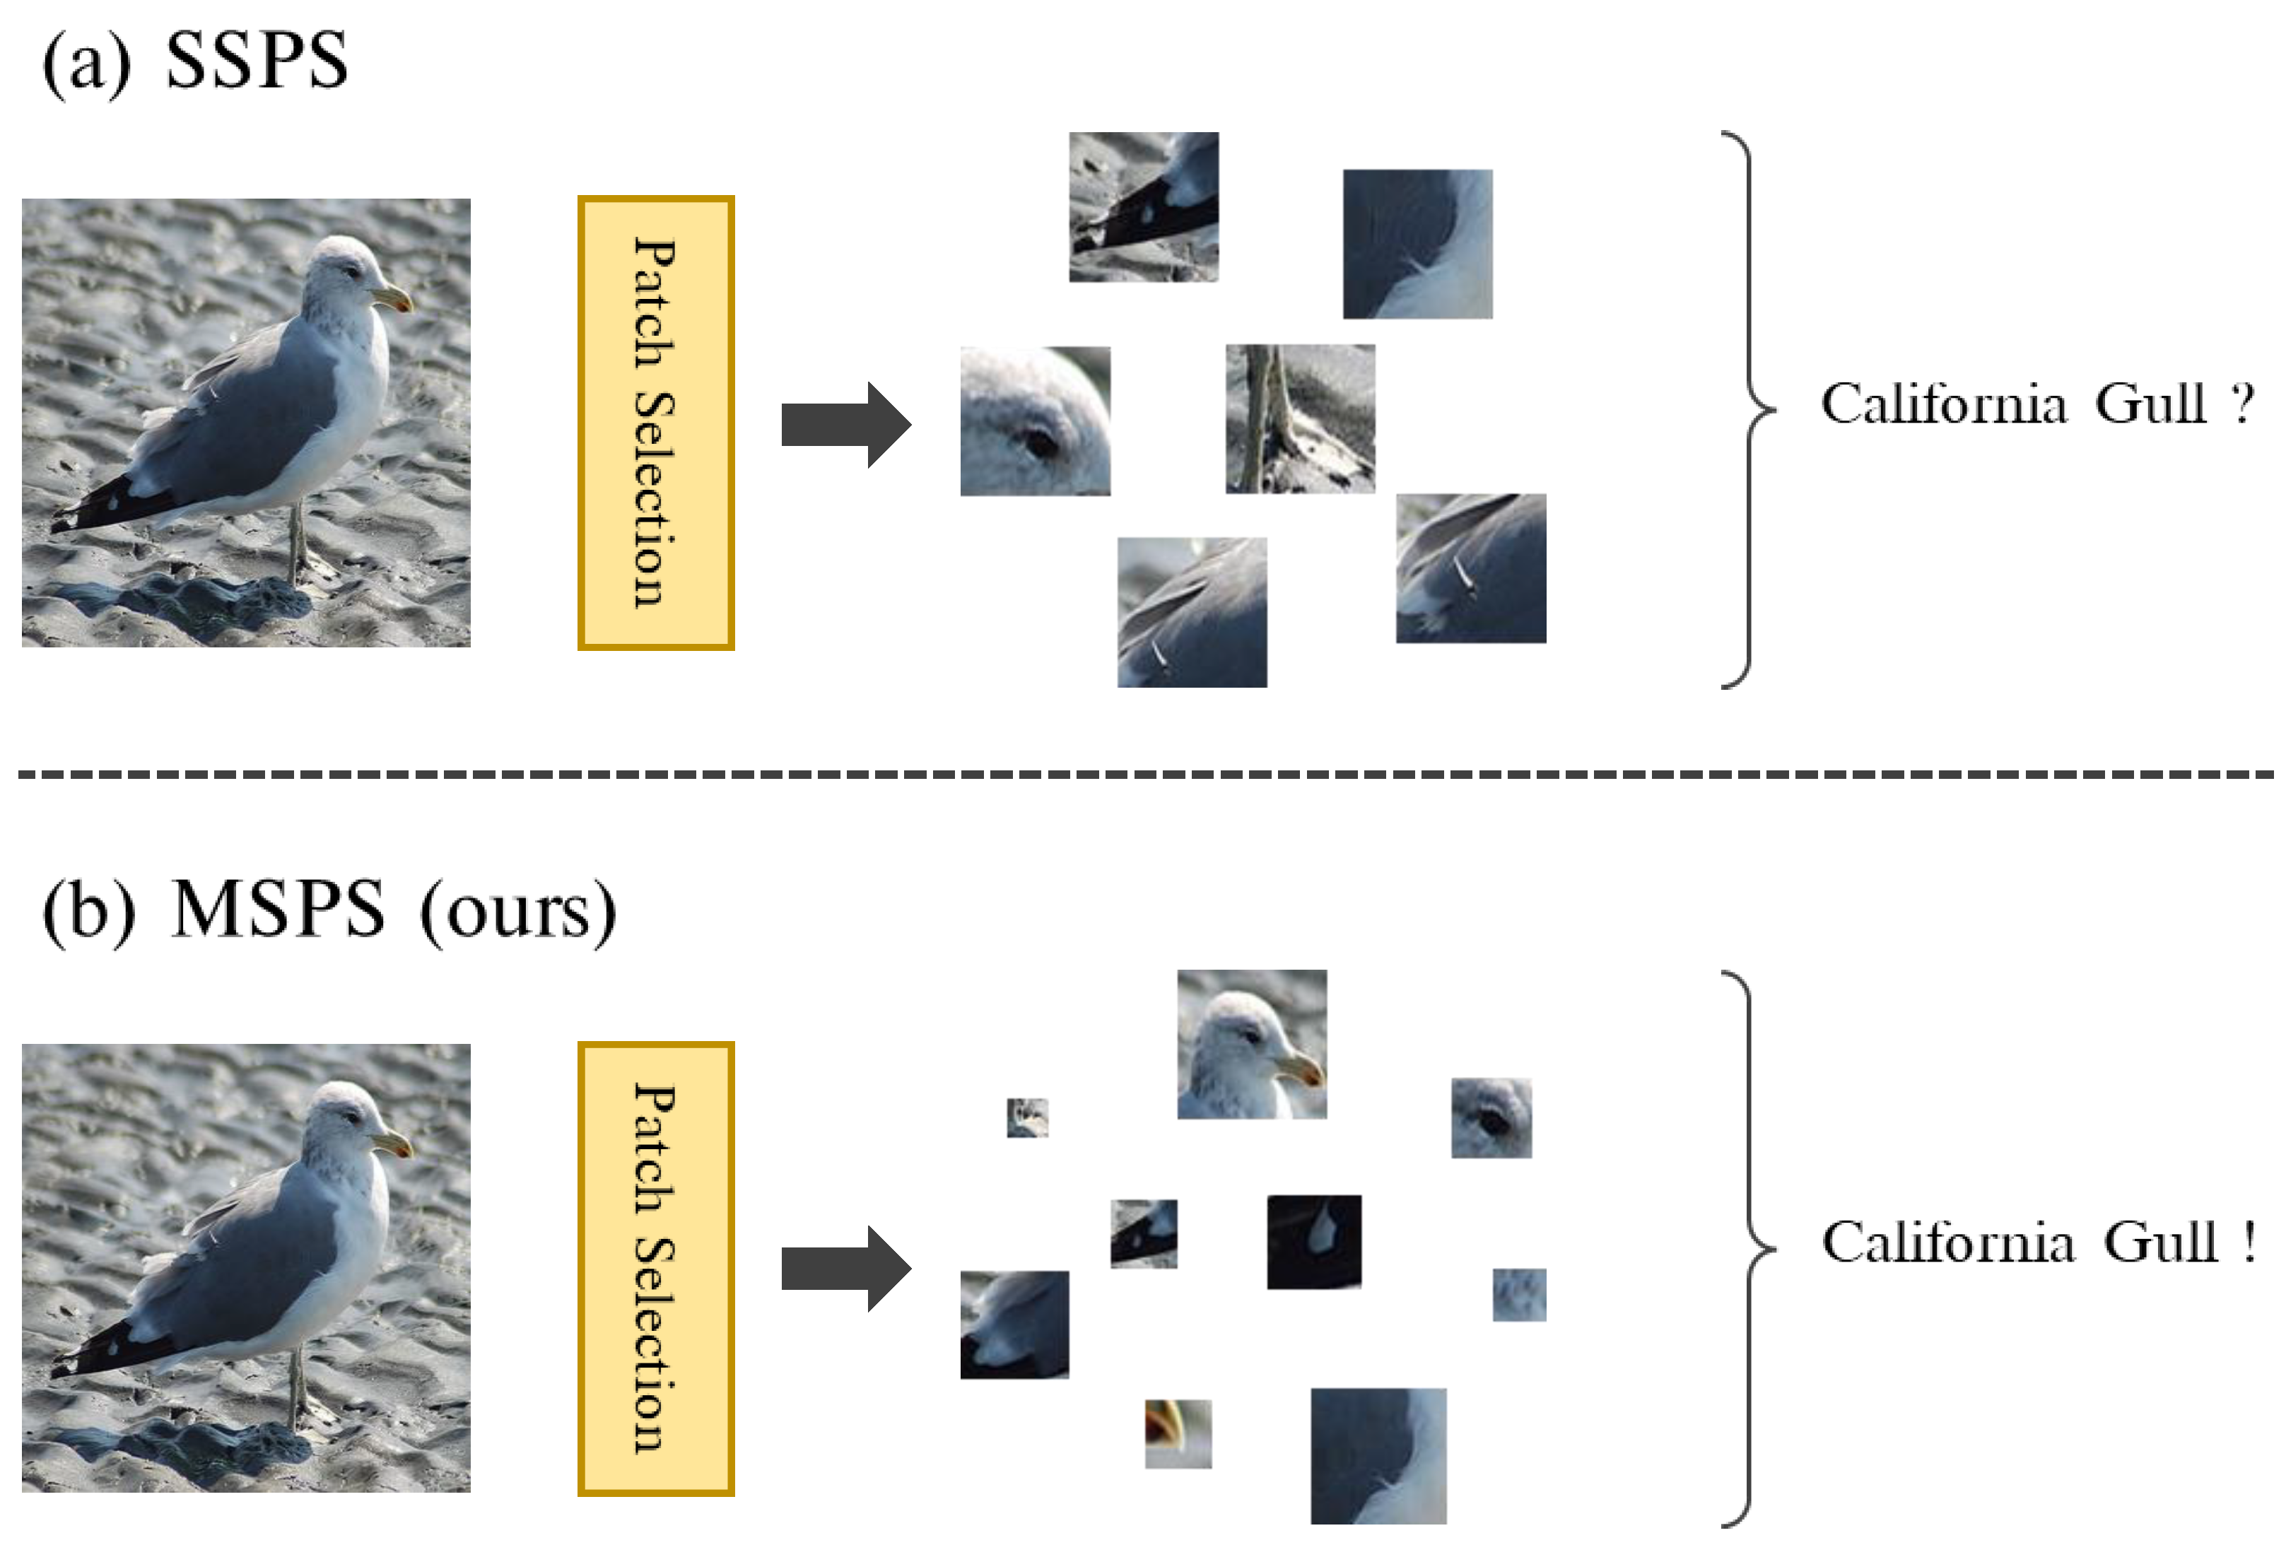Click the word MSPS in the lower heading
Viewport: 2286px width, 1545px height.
pos(279,910)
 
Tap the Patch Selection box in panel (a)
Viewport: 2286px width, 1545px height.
pos(655,423)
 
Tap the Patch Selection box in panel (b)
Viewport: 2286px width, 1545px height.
pos(655,1269)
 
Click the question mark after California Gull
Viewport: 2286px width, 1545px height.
pos(2241,404)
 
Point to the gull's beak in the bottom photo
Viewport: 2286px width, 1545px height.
pos(394,1143)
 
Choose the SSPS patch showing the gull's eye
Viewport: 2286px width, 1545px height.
pos(1035,421)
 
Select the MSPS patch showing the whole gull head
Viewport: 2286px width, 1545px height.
pos(1251,1045)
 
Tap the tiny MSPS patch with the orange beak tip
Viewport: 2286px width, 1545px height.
pos(1178,1433)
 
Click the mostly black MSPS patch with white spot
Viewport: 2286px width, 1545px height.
pos(1313,1241)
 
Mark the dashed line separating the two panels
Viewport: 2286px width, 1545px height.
pos(1141,775)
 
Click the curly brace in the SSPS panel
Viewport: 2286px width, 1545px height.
pos(1751,408)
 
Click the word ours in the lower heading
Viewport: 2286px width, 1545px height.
pos(517,912)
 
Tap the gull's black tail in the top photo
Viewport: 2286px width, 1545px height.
pos(98,503)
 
